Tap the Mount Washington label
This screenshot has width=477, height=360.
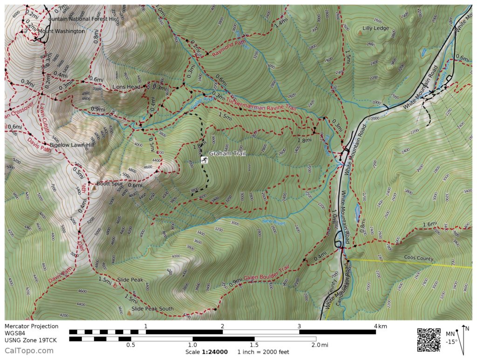tap(61, 31)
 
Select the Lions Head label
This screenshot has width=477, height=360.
tap(126, 87)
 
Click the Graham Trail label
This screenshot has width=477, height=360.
tap(227, 154)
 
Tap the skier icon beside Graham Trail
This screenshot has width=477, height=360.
tap(204, 160)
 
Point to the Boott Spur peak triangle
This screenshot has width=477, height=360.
tap(94, 188)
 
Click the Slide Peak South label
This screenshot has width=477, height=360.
tap(152, 309)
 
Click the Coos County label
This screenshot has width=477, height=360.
tap(419, 258)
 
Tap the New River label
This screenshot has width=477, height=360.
tap(273, 222)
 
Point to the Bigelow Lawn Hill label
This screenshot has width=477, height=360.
tap(72, 145)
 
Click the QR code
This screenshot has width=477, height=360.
tap(429, 340)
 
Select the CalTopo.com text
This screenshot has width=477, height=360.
tap(29, 351)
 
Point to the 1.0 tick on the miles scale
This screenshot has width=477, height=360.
tap(192, 345)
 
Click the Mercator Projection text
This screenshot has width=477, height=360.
tap(32, 326)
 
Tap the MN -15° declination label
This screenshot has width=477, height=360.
tap(451, 338)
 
